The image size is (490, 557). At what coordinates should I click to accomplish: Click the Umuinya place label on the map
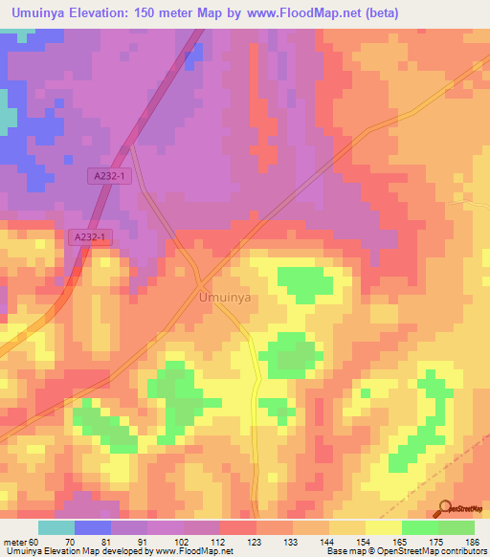tap(225, 299)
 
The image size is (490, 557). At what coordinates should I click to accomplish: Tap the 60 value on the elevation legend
tap(34, 542)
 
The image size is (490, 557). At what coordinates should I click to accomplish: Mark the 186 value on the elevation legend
tap(472, 542)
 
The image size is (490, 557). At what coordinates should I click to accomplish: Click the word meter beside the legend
tap(14, 542)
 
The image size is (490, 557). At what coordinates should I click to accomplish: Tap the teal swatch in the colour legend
tap(56, 527)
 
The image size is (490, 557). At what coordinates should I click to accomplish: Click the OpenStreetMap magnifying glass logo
tap(444, 508)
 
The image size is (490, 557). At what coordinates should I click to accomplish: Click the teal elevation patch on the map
tap(8, 118)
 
